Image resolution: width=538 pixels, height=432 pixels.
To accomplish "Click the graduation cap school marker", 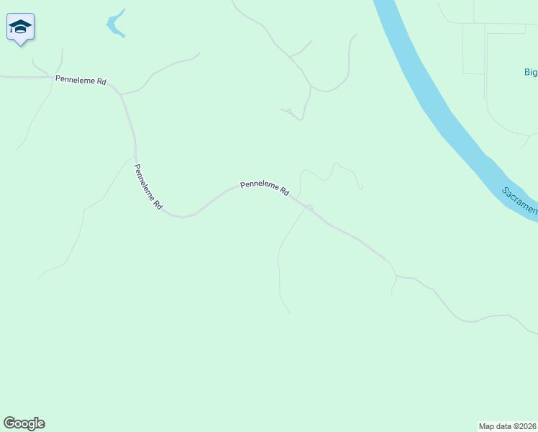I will (x=20, y=27).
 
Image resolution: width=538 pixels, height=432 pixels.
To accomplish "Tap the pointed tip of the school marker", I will (x=21, y=45).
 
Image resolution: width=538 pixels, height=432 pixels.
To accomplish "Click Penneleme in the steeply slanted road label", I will (x=144, y=181).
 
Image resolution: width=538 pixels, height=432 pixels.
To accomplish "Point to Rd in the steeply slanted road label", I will (x=158, y=204).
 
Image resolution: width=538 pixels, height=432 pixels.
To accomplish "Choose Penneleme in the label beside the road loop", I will (x=258, y=185).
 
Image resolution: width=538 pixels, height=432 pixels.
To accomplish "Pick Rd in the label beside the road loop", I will (x=284, y=192).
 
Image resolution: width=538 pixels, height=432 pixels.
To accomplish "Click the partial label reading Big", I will (x=530, y=72).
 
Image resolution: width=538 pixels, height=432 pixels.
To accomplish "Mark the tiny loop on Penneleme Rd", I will (x=309, y=208).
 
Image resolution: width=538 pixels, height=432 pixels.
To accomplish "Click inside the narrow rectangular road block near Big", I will (x=473, y=48).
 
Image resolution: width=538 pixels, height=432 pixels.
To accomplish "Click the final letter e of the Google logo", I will (x=41, y=424).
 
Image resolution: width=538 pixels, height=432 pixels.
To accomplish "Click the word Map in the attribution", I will (x=487, y=426).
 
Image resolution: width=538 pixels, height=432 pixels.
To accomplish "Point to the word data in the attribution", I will (x=503, y=426).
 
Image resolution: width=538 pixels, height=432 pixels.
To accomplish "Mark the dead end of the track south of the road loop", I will (x=289, y=313).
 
